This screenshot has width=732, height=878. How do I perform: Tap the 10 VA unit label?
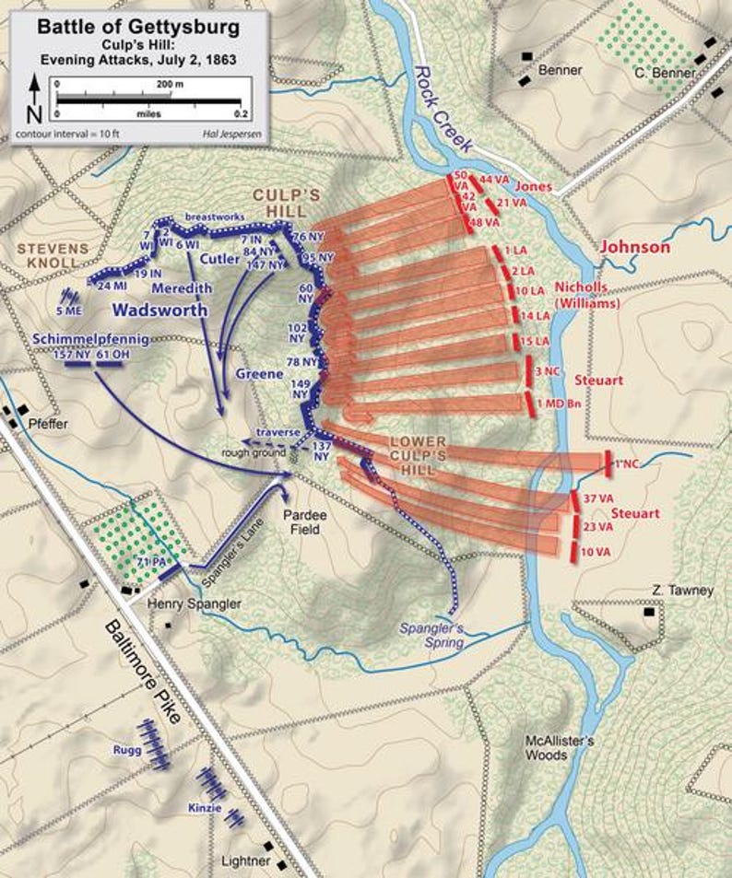[596, 552]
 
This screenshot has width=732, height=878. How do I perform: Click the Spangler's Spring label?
[431, 636]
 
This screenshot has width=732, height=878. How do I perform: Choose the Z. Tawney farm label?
[681, 591]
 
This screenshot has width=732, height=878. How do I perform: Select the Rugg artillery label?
[128, 750]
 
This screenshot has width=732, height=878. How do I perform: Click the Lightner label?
[246, 861]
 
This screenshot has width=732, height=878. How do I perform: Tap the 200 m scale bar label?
[171, 83]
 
